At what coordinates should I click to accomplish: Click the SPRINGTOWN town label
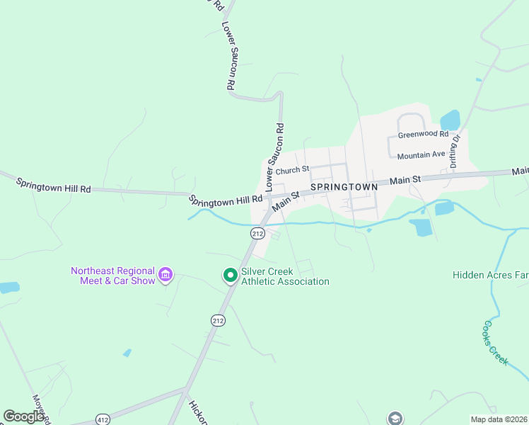point(344,187)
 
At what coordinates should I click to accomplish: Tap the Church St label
point(293,170)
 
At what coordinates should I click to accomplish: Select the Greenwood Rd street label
point(423,134)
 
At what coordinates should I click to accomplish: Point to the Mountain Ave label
point(421,155)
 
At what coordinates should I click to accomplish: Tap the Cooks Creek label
point(495,343)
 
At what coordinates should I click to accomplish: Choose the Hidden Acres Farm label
point(491,274)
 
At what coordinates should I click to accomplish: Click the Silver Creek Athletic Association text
point(285,276)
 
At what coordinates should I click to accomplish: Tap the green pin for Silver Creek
point(230,274)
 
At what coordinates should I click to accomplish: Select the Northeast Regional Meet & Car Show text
point(112,276)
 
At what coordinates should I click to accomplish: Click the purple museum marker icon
point(166,274)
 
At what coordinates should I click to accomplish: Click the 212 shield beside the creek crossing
point(257,233)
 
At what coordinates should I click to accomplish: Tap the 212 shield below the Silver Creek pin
point(218,320)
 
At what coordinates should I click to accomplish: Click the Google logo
point(24,416)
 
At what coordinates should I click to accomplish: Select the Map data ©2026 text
point(498,419)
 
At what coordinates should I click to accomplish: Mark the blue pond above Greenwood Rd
point(450,120)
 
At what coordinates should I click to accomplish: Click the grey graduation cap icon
point(395,418)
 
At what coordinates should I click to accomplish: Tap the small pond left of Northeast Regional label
point(8,288)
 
